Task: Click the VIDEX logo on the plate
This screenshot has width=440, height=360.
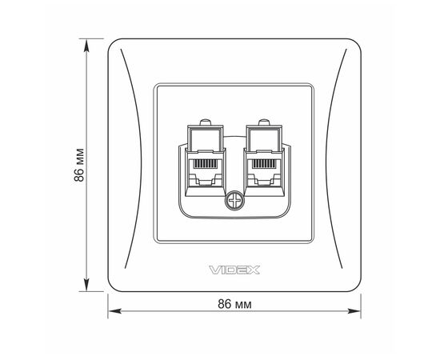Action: pyautogui.click(x=234, y=270)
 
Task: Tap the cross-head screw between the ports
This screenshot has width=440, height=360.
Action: pyautogui.click(x=234, y=201)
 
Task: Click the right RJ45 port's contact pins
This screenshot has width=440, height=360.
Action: pyautogui.click(x=264, y=164)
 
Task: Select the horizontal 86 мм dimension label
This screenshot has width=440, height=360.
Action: pyautogui.click(x=234, y=304)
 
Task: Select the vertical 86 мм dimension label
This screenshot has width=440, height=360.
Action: pyautogui.click(x=79, y=165)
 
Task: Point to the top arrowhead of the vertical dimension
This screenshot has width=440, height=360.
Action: pyautogui.click(x=86, y=45)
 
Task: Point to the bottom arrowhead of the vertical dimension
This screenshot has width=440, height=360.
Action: pyautogui.click(x=86, y=285)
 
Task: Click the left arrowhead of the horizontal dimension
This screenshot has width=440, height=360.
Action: pyautogui.click(x=114, y=311)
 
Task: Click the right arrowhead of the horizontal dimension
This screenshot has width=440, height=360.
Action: pyautogui.click(x=354, y=311)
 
